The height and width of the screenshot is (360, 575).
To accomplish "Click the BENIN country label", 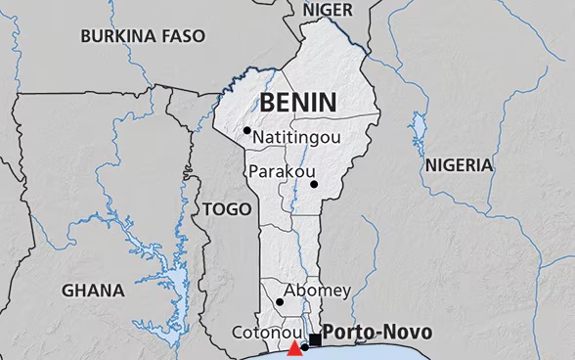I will [297, 102].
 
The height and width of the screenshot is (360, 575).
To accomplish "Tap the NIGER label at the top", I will [329, 9].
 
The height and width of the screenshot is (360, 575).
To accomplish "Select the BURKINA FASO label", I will [143, 36].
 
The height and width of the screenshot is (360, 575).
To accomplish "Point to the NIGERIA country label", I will [459, 165].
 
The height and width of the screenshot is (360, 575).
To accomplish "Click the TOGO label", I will [226, 208].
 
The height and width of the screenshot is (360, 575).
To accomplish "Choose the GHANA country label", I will [93, 291].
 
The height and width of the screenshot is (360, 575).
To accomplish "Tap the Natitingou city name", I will [296, 138].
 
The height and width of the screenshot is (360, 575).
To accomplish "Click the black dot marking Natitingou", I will [247, 130].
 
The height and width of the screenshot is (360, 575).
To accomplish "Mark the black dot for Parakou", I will [314, 184].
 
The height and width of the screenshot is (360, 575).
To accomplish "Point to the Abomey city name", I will [316, 291].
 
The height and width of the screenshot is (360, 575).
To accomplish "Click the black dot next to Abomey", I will [280, 301].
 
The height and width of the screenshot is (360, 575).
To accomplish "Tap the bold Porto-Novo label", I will [376, 332].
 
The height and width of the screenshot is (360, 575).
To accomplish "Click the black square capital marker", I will [315, 339].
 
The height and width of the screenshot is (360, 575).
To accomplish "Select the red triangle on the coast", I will [295, 349].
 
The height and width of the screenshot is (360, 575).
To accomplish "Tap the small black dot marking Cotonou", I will [305, 347].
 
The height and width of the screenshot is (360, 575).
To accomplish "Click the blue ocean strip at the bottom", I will [391, 354].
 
